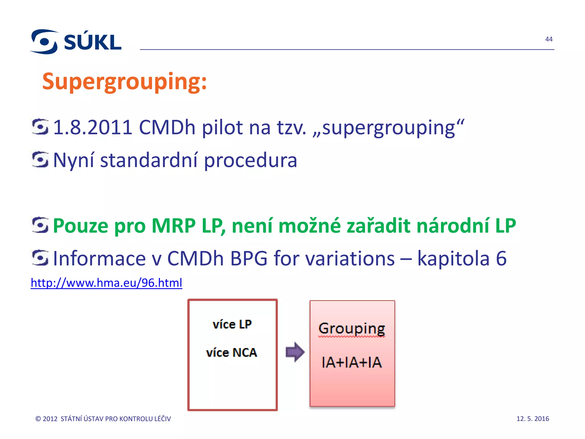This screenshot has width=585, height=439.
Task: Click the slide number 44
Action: pos(549,39)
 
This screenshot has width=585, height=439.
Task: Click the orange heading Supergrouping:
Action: pos(124,81)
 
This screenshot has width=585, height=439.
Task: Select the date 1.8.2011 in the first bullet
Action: pos(93,127)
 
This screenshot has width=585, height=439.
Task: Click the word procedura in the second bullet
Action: pos(251,160)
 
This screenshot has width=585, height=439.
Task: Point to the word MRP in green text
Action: pos(173,226)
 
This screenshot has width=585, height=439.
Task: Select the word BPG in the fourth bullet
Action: pos(249,258)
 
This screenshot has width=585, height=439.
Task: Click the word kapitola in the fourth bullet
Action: pos(453,258)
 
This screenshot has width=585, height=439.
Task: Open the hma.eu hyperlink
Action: pos(106,283)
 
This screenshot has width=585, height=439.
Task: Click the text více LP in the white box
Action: pos(232,324)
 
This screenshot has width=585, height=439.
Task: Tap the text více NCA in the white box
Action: pos(232,352)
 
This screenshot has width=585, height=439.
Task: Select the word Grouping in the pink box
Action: pos(352,328)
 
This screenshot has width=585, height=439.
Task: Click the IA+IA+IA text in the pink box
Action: pos(352,362)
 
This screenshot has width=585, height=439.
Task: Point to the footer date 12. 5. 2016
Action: pos(532,419)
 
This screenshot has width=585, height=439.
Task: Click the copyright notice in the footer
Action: pos(103,419)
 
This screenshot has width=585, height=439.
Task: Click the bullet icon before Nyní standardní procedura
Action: pos(40,159)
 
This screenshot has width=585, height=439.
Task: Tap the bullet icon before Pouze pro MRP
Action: pos(40,225)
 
